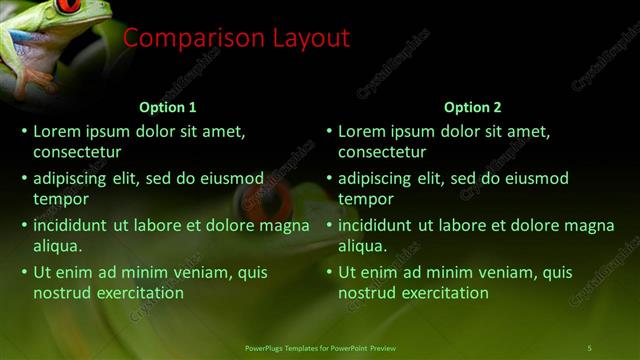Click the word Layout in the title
[312, 39]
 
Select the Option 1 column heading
[167, 107]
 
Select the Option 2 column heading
[472, 107]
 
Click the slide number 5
[589, 347]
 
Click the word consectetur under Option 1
[77, 153]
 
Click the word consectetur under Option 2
[382, 153]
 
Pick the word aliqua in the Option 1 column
[57, 246]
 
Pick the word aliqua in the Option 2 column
[362, 246]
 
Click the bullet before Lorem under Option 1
[24, 131]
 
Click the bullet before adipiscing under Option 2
[329, 179]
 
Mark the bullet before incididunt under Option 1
[24, 226]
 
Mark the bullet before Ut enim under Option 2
[329, 272]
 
